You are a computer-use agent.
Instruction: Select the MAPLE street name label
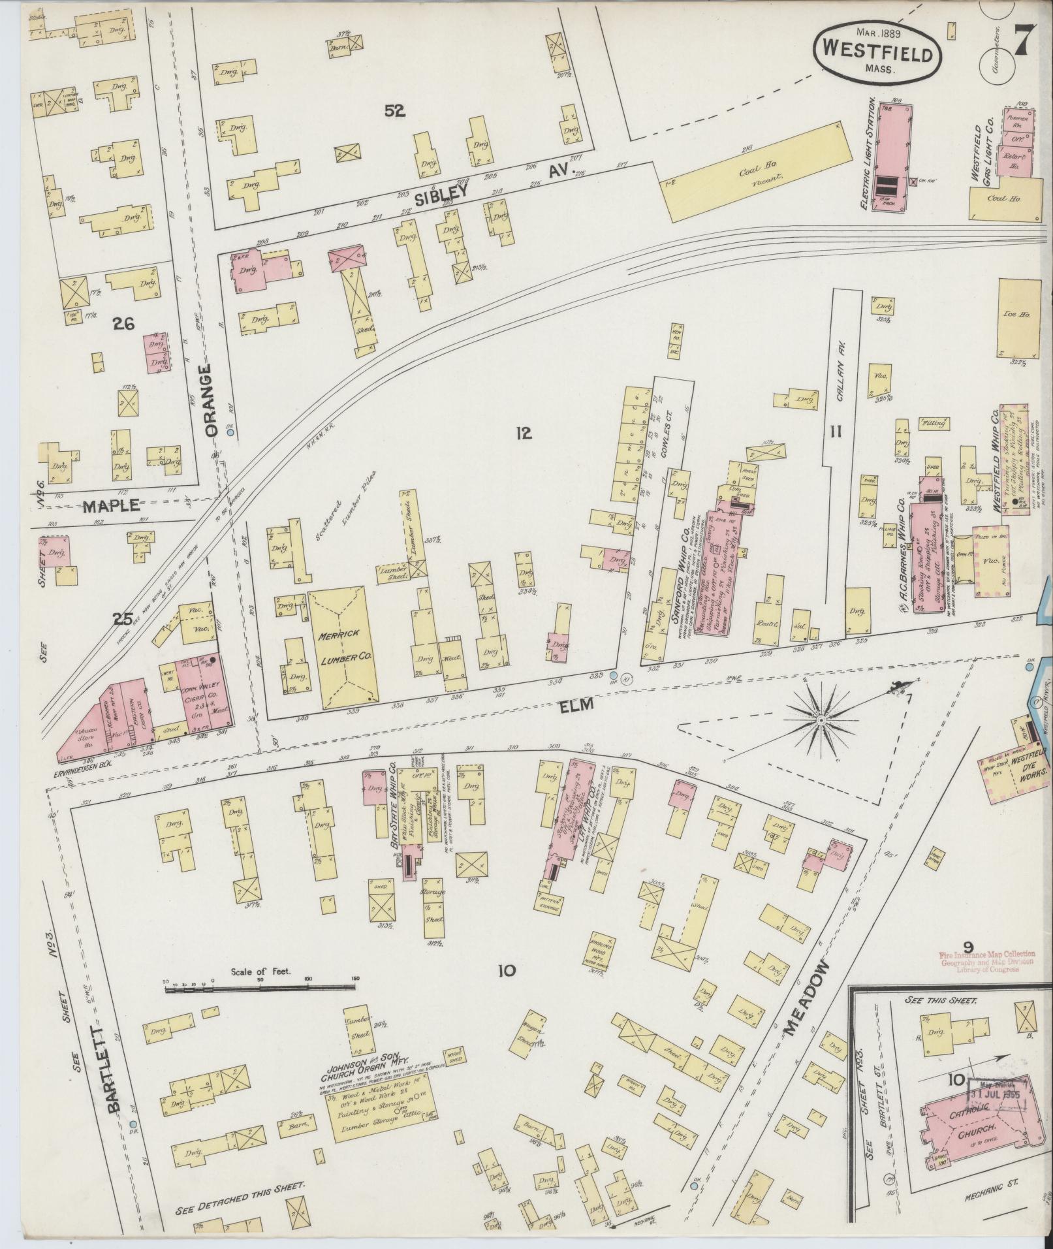(x=112, y=505)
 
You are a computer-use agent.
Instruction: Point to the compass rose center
(x=821, y=720)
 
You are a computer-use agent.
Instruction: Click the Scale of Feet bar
(x=261, y=990)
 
